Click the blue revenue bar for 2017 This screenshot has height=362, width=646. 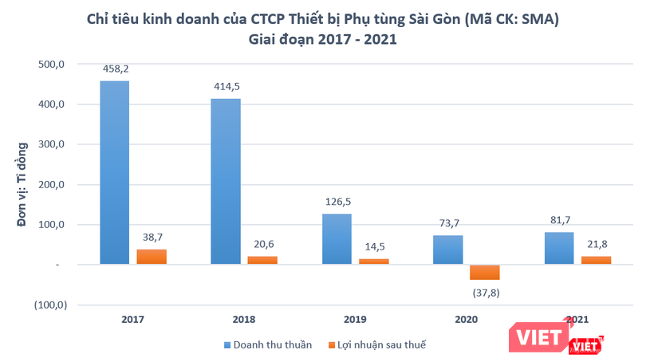coord(115,172)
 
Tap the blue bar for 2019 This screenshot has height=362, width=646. coord(337,238)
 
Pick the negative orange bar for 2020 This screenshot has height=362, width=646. coord(484,272)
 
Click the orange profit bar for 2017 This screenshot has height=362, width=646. coord(152,256)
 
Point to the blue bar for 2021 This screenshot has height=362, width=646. coord(558,248)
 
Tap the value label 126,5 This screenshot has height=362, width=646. coord(337,203)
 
